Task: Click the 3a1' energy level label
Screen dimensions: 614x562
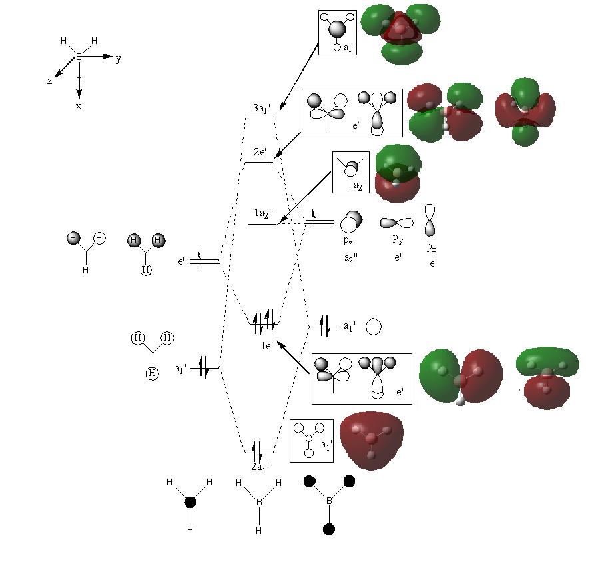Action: [262, 109]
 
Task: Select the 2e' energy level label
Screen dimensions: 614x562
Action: [260, 152]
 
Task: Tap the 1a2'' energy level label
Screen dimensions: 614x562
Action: [264, 213]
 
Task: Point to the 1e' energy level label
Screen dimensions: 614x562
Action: [267, 345]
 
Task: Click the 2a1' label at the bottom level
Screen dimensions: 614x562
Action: [260, 467]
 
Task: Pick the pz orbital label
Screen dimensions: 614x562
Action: [348, 241]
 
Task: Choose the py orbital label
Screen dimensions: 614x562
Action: [398, 239]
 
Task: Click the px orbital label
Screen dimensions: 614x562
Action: [431, 248]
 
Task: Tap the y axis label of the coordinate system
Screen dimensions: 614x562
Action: [119, 59]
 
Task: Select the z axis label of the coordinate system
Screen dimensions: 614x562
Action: [50, 81]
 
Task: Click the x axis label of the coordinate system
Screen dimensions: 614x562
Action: [79, 106]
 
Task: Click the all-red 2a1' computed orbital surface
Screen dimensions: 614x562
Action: [371, 440]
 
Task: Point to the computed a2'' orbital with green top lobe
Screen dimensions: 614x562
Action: [398, 173]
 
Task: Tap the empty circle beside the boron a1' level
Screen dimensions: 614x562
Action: [374, 327]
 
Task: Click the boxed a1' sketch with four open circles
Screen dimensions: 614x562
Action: [312, 441]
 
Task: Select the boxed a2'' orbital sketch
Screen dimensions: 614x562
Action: [351, 173]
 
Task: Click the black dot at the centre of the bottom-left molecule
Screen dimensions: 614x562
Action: [190, 502]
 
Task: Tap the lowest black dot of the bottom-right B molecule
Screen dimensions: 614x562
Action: [329, 529]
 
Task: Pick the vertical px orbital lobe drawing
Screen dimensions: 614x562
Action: [430, 220]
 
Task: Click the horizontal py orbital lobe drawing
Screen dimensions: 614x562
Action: [397, 223]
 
